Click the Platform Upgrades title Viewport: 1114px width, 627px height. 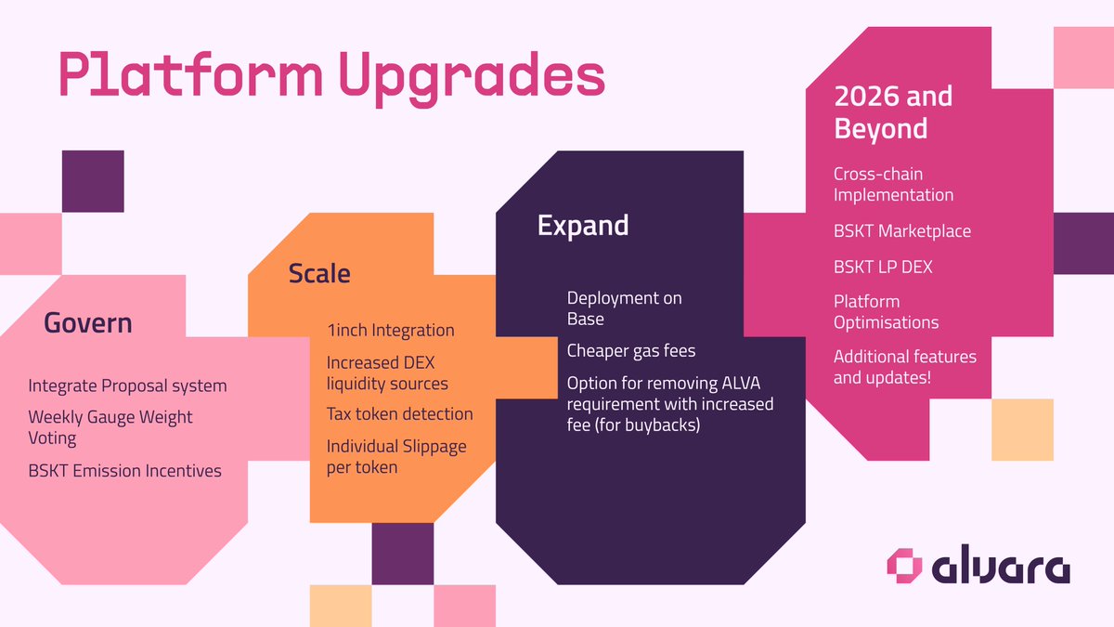coord(331,74)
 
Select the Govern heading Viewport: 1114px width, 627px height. coord(88,323)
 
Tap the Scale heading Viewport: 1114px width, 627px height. coord(319,273)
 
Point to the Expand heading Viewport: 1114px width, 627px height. coord(583,226)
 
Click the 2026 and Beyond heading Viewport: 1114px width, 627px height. coord(880,111)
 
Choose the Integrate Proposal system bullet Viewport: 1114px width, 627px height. coord(127,385)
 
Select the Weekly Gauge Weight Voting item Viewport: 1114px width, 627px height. coord(110,426)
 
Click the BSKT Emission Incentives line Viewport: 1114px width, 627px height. coord(124,471)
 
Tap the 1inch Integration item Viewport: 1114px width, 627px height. coord(390,330)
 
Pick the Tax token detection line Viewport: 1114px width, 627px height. coord(399,414)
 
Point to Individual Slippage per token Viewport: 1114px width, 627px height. coord(396,456)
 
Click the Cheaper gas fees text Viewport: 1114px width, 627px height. coord(631,351)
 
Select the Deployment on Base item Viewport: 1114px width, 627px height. coord(624,308)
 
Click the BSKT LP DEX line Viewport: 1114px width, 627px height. coord(883,267)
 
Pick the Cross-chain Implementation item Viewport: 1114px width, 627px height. coord(893,184)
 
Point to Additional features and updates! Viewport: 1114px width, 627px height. coord(904,367)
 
